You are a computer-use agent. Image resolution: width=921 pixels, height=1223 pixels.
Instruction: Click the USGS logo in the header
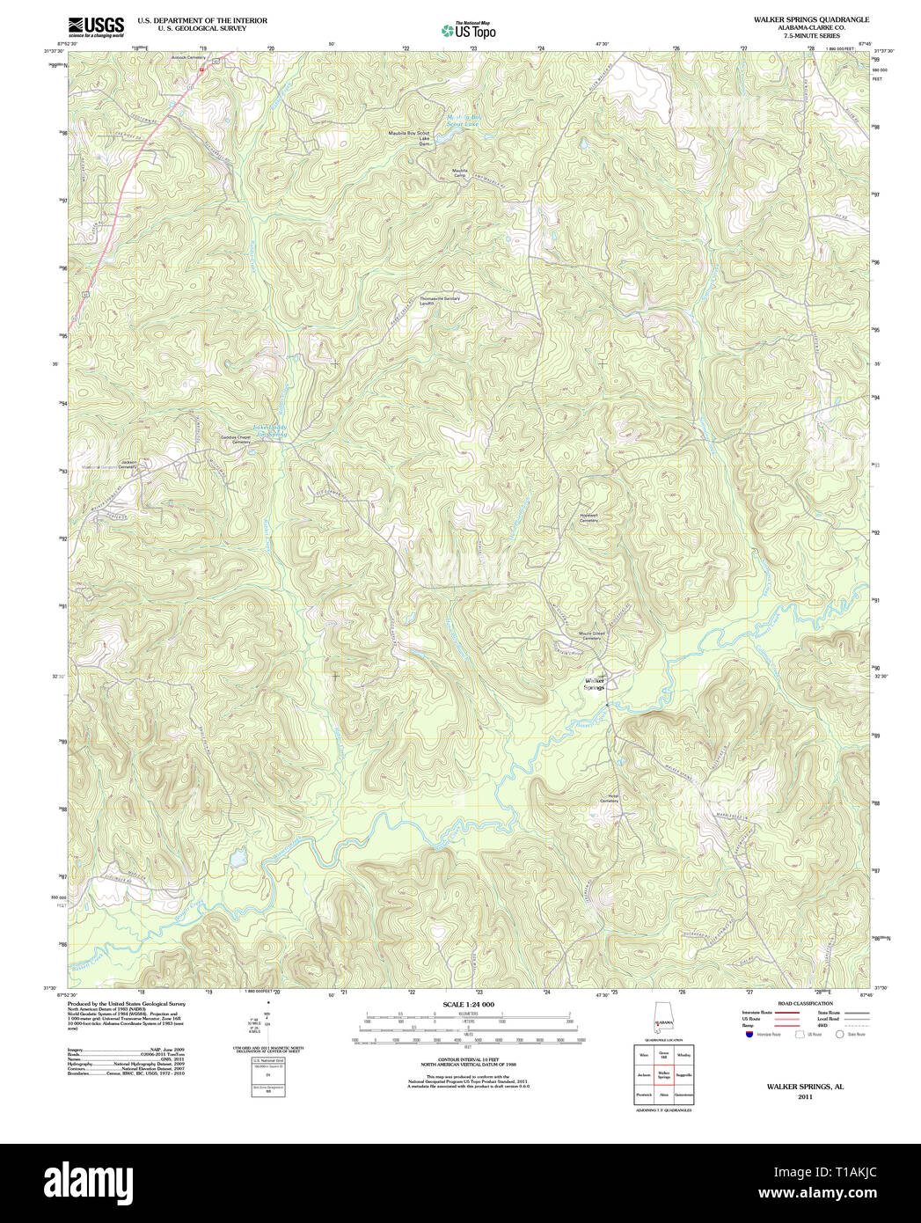[96, 26]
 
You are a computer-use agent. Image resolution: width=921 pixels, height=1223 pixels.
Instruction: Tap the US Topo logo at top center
[469, 30]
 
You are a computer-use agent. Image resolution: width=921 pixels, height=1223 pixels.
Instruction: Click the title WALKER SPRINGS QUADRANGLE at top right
[810, 19]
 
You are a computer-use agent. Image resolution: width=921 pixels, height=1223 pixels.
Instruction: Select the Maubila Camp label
[459, 172]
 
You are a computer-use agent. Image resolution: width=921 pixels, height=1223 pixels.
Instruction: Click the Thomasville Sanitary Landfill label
[440, 300]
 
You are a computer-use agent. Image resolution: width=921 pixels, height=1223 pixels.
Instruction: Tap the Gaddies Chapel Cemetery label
[236, 440]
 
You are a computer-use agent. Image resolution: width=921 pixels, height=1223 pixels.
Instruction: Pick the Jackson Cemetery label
[129, 464]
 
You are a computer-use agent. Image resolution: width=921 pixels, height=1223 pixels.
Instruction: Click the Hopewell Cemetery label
[588, 518]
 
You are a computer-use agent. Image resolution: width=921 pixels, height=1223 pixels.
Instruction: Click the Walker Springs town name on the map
[596, 683]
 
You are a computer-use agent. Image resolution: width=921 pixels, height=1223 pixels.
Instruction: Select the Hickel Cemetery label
[609, 799]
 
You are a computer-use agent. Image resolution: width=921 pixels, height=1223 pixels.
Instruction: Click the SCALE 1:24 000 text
[468, 1005]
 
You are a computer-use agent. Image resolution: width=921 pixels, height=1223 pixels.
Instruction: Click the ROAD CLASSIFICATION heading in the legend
[805, 1004]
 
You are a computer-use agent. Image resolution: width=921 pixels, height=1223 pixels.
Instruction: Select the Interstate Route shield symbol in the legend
[749, 1035]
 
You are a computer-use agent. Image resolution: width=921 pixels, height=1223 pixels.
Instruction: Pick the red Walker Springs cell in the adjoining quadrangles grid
[664, 1075]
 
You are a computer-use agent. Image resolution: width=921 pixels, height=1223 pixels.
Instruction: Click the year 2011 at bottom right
[805, 1097]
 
